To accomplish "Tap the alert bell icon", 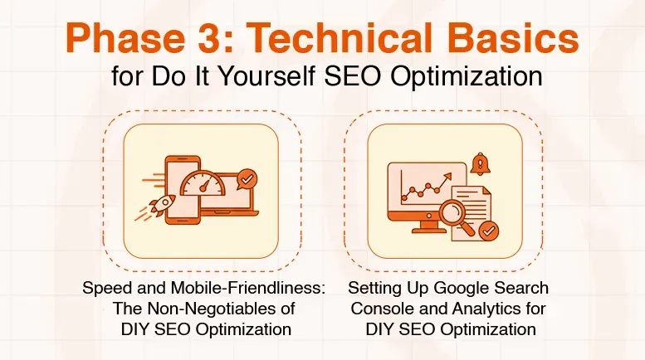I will [x=479, y=163].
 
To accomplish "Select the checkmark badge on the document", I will [x=489, y=228].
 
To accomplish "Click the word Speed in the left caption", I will [x=101, y=289].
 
